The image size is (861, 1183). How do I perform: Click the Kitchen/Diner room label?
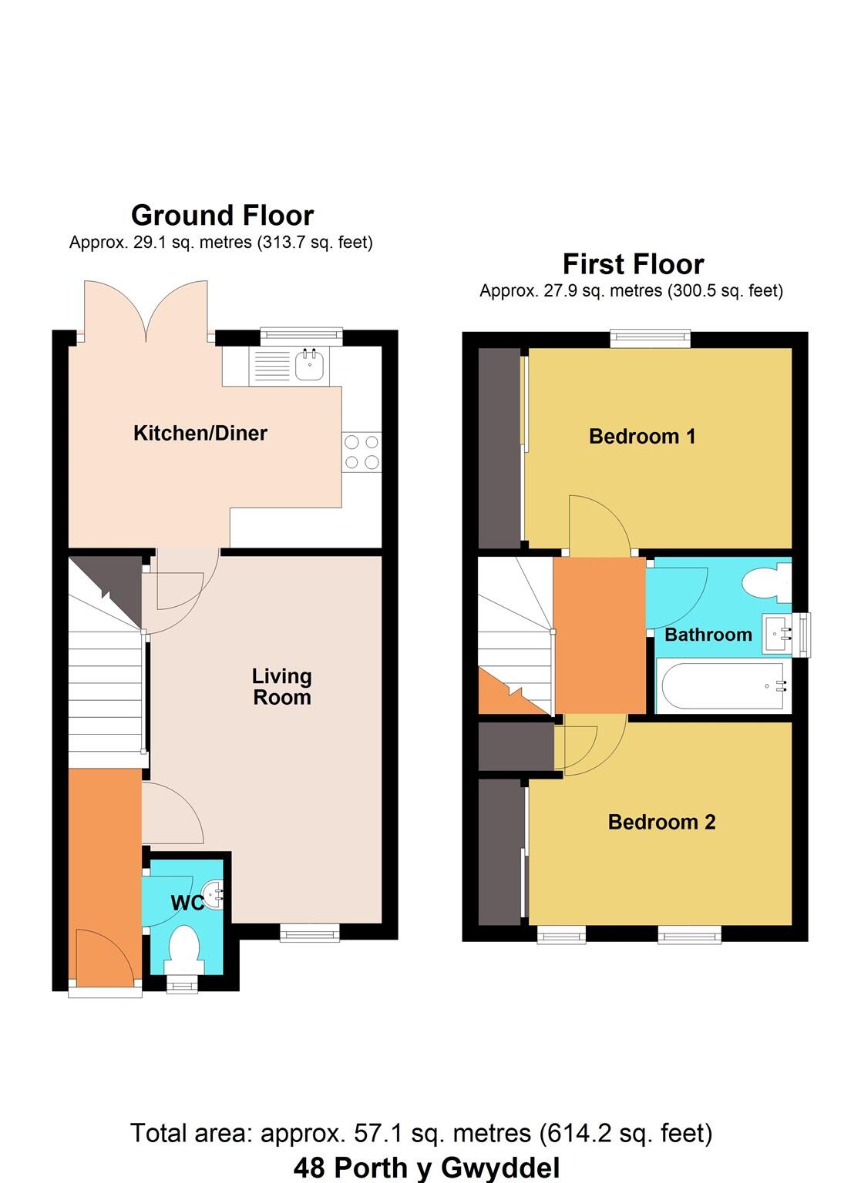pos(200,433)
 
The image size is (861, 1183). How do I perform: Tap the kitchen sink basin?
pos(311,365)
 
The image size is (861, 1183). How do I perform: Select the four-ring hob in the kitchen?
pos(362,452)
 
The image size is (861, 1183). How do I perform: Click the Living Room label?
pos(282,686)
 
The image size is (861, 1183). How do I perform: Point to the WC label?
pos(187,903)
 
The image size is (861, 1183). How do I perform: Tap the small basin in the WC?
pos(213,894)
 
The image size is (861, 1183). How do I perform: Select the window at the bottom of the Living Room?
pos(309,933)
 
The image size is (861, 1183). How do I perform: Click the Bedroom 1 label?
pos(642,437)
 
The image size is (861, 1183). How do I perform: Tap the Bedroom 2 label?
pos(661,823)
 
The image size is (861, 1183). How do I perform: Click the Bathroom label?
pos(708,635)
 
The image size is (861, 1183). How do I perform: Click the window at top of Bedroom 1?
pos(650,338)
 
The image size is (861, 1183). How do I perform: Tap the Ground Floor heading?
pos(222,215)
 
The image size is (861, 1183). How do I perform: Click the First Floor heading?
pos(633,264)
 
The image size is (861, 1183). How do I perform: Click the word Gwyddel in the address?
pos(497,1168)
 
